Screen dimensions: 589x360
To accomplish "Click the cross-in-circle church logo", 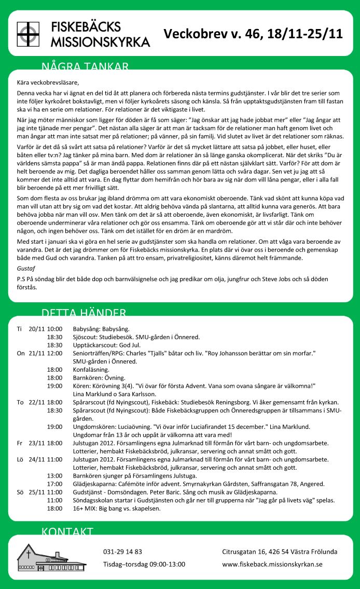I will coord(28,34).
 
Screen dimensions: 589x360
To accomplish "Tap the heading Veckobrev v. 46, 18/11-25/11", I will coord(253,34).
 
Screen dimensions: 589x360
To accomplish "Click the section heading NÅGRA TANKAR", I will coord(85,66).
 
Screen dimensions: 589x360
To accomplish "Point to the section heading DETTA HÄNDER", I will coord(84,312).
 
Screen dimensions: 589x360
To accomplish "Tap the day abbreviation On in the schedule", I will coord(21,353).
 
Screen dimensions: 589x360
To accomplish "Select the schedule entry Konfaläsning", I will coord(91,370).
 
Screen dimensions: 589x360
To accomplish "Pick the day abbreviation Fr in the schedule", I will coord(20,443).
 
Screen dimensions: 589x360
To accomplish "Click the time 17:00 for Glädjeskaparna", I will coord(54,484).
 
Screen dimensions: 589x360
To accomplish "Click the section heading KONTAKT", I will coord(67,531).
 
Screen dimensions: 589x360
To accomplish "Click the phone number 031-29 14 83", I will coord(122,552).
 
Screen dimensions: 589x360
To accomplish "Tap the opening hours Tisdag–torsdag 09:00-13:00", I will coord(144,564).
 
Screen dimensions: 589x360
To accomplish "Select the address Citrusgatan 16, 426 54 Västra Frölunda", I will coord(280,552).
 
